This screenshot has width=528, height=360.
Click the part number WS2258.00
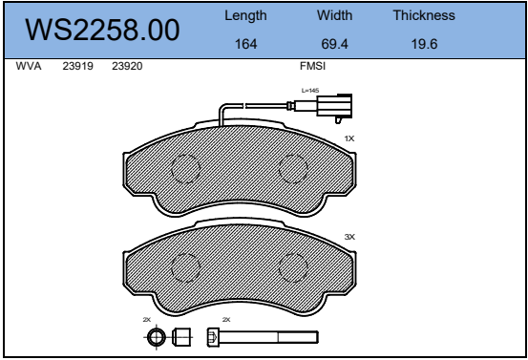click(x=102, y=30)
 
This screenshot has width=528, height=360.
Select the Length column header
click(x=245, y=16)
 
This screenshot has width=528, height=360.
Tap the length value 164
click(x=245, y=44)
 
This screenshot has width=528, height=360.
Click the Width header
click(x=334, y=15)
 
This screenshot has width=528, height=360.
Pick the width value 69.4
click(x=334, y=44)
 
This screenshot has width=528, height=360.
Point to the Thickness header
click(x=424, y=15)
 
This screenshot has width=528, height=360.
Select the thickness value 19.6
click(x=424, y=44)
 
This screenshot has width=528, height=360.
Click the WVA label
click(x=29, y=66)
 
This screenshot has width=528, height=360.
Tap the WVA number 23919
click(x=77, y=66)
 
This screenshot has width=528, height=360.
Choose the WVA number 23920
click(x=127, y=66)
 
